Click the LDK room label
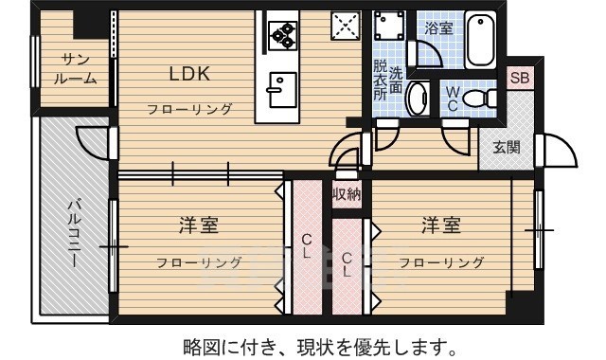coord(189,74)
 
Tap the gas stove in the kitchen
coord(283,35)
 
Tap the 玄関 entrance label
coord(506,147)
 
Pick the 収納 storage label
coord(346,194)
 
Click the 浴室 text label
coord(438,29)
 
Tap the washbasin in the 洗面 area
coord(416,98)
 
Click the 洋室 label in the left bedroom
coord(199,225)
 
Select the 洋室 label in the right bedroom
coord(441,225)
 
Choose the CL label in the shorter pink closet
coord(348,263)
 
